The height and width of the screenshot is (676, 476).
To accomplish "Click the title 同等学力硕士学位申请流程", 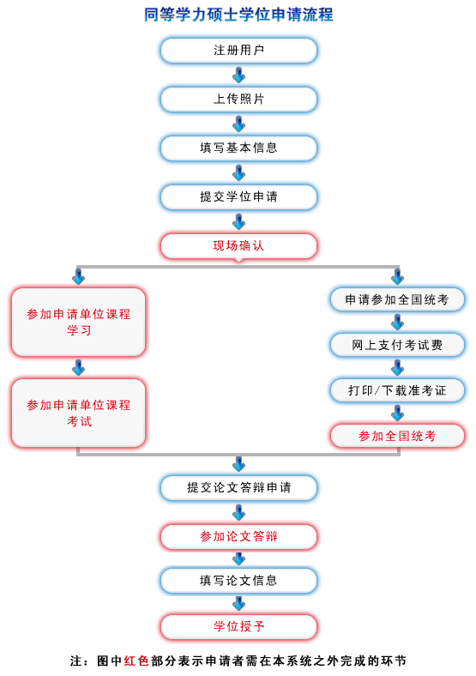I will (238, 15).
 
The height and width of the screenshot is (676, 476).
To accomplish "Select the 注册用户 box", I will (238, 51).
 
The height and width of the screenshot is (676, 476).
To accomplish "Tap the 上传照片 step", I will (238, 100).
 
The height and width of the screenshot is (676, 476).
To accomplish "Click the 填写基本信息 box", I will (238, 148).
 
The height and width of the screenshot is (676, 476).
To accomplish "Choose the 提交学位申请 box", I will (238, 197).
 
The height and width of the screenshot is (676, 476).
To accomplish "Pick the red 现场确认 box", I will (238, 246).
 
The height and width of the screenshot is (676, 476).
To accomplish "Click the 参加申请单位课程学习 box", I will (78, 322).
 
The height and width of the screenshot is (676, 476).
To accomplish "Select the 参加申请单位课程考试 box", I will (78, 413).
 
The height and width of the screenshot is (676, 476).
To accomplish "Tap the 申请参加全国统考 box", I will (397, 299).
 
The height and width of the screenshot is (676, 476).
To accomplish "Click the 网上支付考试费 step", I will (397, 345).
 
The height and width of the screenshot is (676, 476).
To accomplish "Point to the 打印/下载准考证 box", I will (397, 390).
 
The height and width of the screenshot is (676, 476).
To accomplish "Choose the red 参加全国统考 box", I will (397, 436).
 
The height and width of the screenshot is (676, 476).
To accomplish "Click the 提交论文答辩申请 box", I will (238, 488).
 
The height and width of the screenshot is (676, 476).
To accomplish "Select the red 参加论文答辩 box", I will (238, 537).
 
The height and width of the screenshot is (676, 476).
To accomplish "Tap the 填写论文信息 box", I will (238, 581).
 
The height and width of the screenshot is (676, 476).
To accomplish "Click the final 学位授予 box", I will (238, 626).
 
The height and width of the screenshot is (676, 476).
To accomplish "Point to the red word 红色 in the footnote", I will (137, 661).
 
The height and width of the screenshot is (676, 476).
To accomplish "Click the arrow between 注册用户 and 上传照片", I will (238, 75).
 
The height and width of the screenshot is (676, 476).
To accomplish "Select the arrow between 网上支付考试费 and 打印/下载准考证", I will (397, 368).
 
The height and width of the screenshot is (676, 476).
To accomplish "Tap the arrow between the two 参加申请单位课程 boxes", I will (78, 368).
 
